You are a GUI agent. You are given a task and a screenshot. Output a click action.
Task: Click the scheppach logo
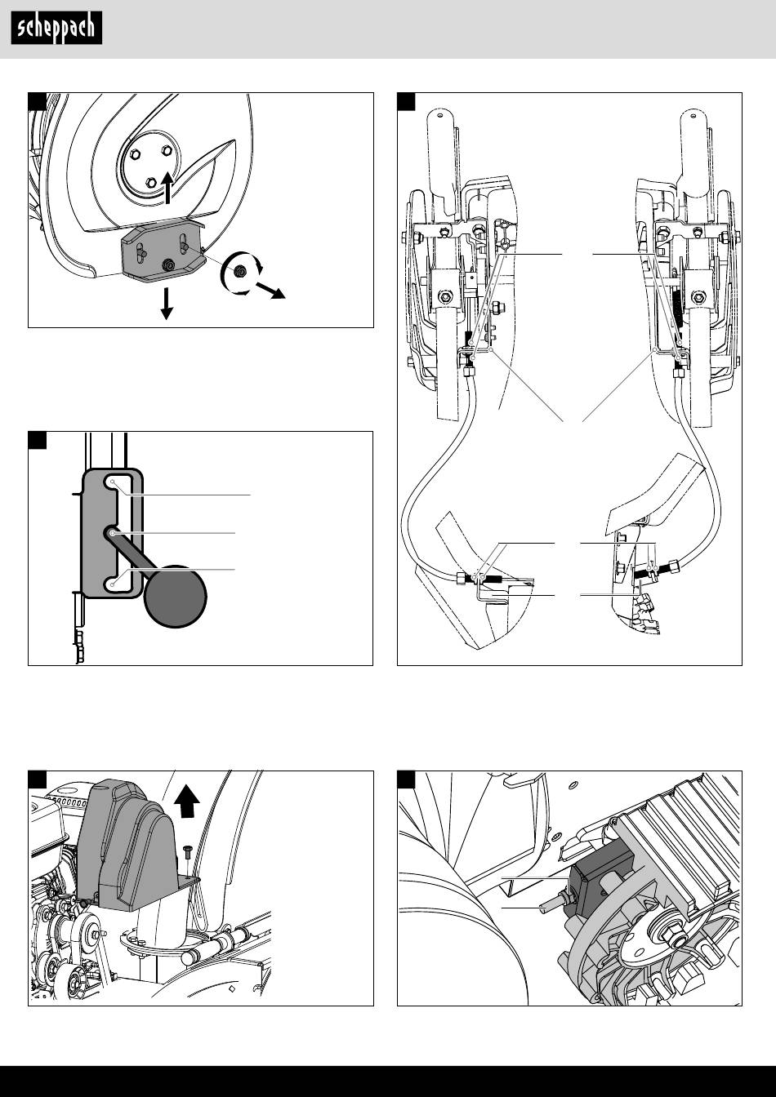pos(56,29)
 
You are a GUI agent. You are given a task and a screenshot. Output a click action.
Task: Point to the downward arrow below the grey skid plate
pos(167,304)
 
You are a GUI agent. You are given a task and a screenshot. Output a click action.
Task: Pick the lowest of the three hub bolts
pos(149,182)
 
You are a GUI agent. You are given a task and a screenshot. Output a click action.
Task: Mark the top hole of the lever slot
pos(113,484)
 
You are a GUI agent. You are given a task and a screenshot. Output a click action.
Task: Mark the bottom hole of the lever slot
pos(113,584)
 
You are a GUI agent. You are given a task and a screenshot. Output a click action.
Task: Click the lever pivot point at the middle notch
pos(112,532)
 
